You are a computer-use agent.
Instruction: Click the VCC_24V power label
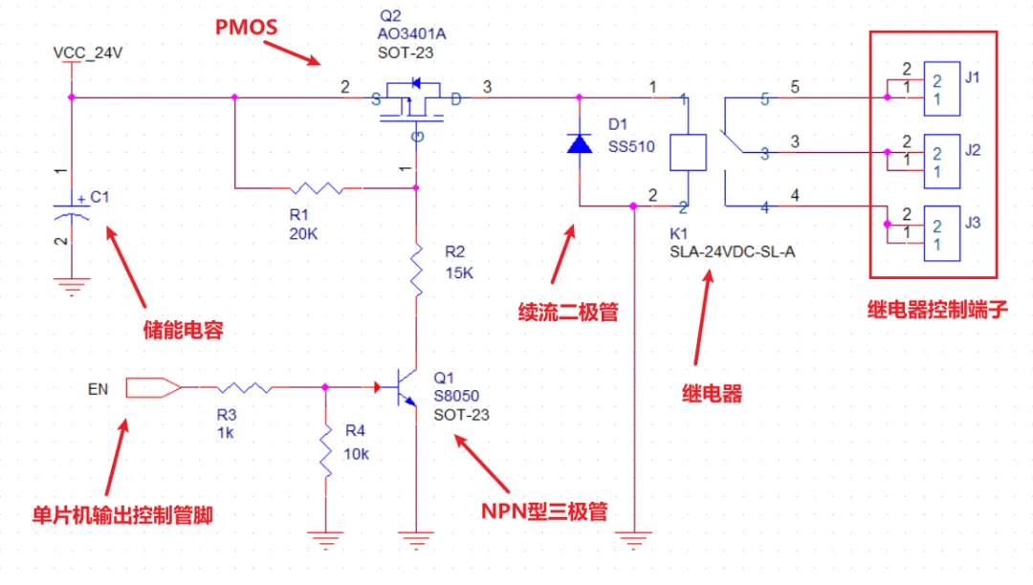pyautogui.click(x=88, y=53)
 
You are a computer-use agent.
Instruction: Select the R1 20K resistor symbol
pyautogui.click(x=317, y=189)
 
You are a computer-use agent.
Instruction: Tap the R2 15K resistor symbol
pyautogui.click(x=416, y=270)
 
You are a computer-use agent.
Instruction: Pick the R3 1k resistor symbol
pyautogui.click(x=244, y=387)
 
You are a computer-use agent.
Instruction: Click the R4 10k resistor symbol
pyautogui.click(x=325, y=450)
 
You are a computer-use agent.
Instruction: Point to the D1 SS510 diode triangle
pyautogui.click(x=579, y=142)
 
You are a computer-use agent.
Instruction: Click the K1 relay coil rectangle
pyautogui.click(x=689, y=153)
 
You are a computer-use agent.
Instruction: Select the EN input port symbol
pyautogui.click(x=153, y=387)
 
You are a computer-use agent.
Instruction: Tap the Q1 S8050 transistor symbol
pyautogui.click(x=404, y=388)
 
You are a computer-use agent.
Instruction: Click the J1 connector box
pyautogui.click(x=941, y=89)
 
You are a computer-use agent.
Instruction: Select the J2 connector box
pyautogui.click(x=941, y=162)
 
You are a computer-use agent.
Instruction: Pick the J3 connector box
pyautogui.click(x=941, y=233)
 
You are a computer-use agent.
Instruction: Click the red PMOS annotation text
pyautogui.click(x=247, y=28)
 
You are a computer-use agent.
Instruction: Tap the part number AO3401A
pyautogui.click(x=411, y=33)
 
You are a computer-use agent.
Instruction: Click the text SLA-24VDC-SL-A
pyautogui.click(x=732, y=252)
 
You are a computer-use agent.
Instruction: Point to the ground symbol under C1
pyautogui.click(x=72, y=287)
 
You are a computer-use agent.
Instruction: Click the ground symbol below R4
pyautogui.click(x=325, y=540)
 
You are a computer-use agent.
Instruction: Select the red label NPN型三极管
pyautogui.click(x=544, y=511)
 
